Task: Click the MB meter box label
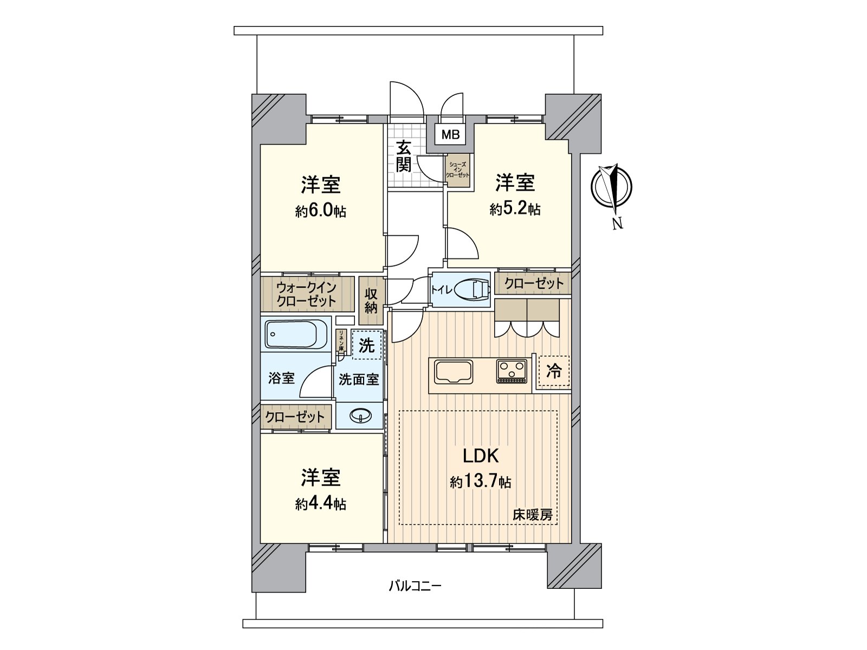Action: tap(450, 135)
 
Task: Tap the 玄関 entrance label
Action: tap(403, 156)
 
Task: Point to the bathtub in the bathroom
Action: tap(296, 334)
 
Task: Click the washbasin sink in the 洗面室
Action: tap(360, 416)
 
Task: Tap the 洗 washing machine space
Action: tap(367, 345)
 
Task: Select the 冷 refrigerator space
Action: tap(554, 371)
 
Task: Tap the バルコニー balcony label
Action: tap(415, 586)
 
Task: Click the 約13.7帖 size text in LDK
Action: tap(480, 482)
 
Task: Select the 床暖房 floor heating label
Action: tap(533, 515)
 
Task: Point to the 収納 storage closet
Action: tap(371, 301)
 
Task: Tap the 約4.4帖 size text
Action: tap(321, 504)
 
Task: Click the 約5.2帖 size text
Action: tap(515, 210)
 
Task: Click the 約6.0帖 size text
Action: tap(321, 211)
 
